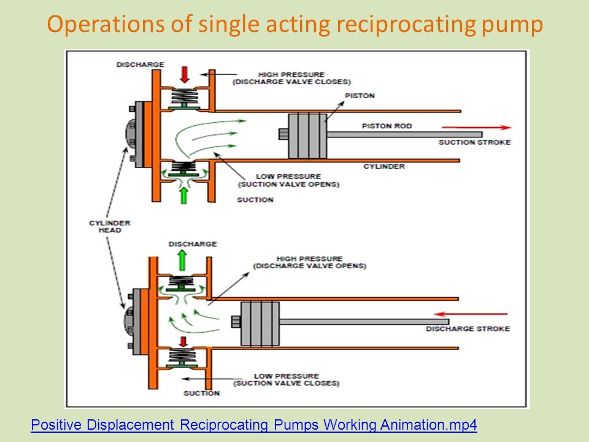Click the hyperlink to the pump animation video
(x=254, y=425)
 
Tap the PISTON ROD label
(x=387, y=126)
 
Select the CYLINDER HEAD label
(x=110, y=227)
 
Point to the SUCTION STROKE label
(x=474, y=142)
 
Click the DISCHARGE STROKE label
(x=468, y=328)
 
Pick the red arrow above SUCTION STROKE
(x=477, y=128)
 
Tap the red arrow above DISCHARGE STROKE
(x=471, y=314)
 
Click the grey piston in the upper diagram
(x=307, y=136)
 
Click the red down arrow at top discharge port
(x=185, y=74)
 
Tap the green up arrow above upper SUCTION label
(x=183, y=195)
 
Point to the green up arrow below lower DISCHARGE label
(x=182, y=260)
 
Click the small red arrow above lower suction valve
(x=183, y=341)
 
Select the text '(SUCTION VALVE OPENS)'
(x=288, y=184)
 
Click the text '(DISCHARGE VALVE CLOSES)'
(x=291, y=82)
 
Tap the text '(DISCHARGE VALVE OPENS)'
(x=309, y=266)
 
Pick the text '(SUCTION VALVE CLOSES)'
(x=287, y=383)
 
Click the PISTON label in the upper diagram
(x=360, y=96)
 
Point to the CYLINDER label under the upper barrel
(x=384, y=166)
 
